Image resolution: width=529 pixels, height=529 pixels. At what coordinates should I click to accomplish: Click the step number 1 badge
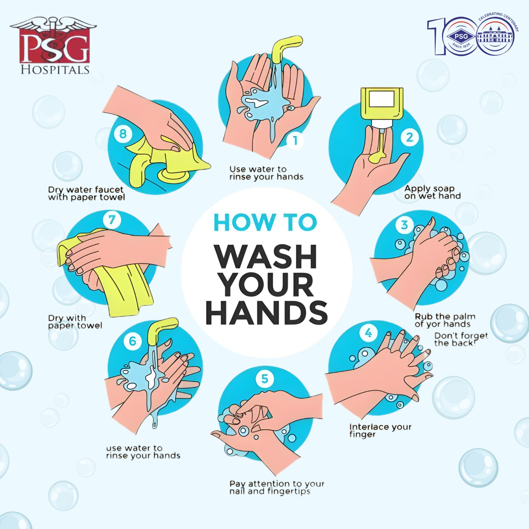click(x=295, y=141)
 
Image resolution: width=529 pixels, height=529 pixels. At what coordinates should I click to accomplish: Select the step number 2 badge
click(x=410, y=137)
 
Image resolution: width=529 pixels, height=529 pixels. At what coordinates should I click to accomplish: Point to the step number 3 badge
click(x=404, y=225)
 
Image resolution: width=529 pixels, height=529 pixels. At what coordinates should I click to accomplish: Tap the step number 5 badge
click(x=265, y=379)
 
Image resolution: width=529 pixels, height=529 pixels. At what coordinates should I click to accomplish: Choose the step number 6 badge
click(x=132, y=341)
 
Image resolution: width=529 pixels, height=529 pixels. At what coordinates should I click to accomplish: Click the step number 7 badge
click(x=112, y=220)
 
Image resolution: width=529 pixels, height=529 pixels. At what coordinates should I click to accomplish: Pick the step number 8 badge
click(x=123, y=134)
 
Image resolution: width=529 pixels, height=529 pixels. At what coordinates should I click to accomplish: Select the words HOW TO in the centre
click(x=265, y=222)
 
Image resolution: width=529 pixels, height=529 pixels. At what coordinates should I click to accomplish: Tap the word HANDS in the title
click(x=266, y=312)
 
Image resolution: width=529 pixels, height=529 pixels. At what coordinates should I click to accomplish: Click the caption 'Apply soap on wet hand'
click(x=432, y=192)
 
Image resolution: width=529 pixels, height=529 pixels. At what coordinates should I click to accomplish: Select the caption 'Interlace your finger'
click(x=380, y=430)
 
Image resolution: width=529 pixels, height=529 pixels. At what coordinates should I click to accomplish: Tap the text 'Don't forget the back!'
click(x=461, y=340)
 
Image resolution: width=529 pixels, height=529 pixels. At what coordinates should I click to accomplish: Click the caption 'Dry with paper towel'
click(x=75, y=322)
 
